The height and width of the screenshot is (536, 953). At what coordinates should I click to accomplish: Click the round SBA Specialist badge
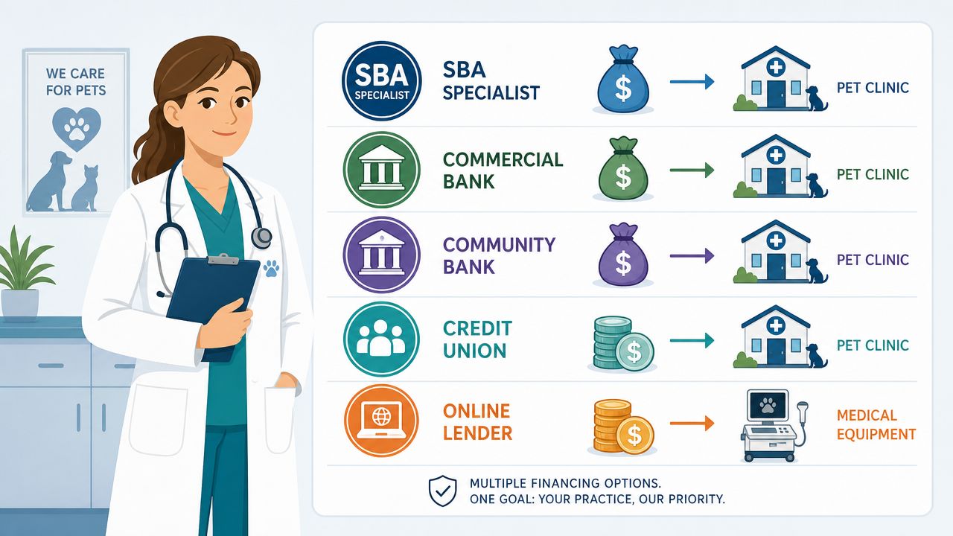click(x=382, y=81)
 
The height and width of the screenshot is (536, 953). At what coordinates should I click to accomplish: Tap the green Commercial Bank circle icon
click(x=382, y=169)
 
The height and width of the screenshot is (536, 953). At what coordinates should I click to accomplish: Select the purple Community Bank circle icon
click(x=382, y=255)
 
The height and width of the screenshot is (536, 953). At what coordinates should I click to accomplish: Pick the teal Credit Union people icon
click(x=382, y=339)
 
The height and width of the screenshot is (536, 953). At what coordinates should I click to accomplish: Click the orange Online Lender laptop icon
click(x=382, y=421)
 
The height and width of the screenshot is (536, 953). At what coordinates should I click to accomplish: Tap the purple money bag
click(x=623, y=254)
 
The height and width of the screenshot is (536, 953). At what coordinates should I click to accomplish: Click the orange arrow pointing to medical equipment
click(x=692, y=424)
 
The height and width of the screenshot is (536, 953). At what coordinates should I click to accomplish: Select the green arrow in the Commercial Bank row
click(x=692, y=170)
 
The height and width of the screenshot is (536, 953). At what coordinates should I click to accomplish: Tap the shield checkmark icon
click(x=442, y=491)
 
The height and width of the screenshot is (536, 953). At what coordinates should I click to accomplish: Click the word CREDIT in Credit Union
click(x=477, y=328)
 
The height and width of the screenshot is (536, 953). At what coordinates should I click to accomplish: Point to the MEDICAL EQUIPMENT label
click(x=876, y=424)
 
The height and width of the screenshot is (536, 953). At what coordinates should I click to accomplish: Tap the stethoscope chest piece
click(x=261, y=237)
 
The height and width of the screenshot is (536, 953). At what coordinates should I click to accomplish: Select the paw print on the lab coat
click(x=271, y=269)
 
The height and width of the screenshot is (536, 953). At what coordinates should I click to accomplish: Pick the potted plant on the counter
click(x=23, y=275)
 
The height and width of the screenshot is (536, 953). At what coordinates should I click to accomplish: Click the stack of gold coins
click(x=623, y=427)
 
